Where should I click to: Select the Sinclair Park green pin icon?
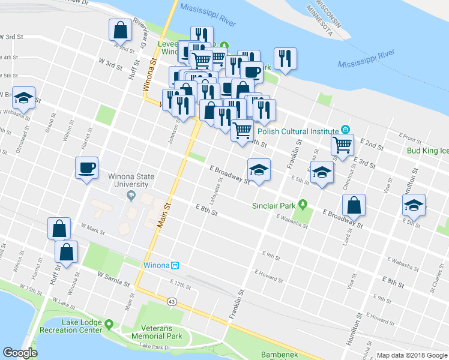[303, 205]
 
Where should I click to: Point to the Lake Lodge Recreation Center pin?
[109, 325]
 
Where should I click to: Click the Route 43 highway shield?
[173, 301]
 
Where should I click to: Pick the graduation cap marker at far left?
[24, 98]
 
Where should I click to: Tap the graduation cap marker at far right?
[414, 205]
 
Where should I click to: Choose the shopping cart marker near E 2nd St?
[342, 145]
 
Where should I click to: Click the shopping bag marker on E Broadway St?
[354, 206]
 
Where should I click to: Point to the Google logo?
[20, 353]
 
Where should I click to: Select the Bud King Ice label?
[427, 151]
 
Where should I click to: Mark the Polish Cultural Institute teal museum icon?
[345, 129]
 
